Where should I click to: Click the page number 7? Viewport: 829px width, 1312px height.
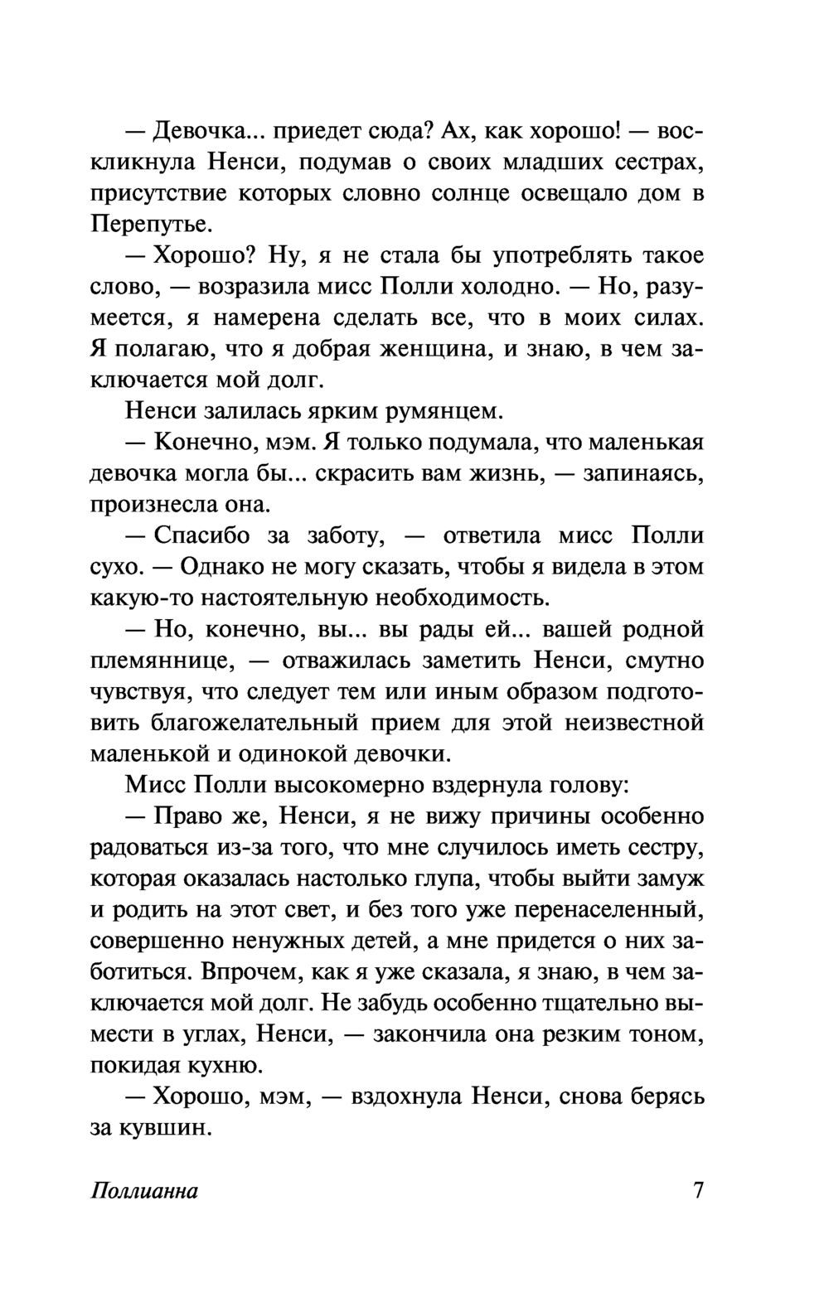pos(697,1191)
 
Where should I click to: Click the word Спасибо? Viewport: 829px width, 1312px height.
pos(202,535)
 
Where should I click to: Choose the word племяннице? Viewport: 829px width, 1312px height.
pos(156,661)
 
